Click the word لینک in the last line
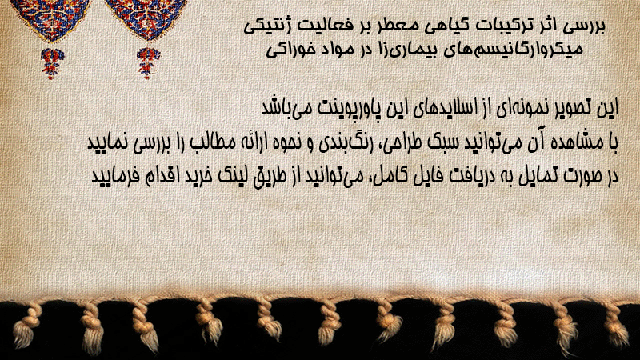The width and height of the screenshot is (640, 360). tap(230, 175)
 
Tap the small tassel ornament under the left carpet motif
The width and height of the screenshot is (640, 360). tap(52, 63)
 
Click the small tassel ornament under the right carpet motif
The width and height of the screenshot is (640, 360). tap(148, 63)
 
